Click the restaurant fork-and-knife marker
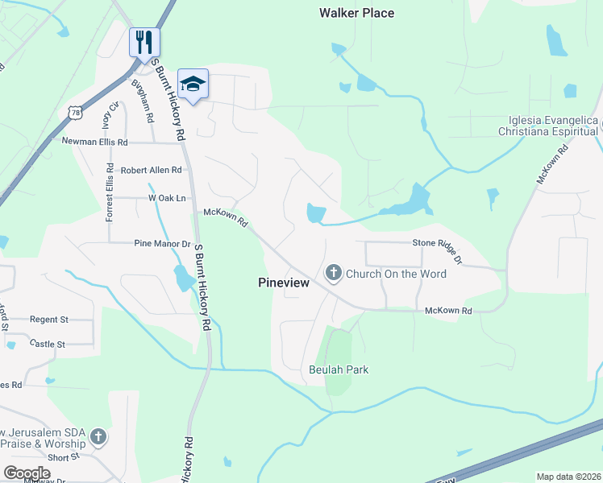[144, 42]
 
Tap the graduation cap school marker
[193, 84]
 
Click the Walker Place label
[356, 13]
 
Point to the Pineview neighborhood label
[285, 283]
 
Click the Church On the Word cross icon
[333, 274]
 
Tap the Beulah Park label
[339, 370]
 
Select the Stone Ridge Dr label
[437, 249]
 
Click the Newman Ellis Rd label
[95, 142]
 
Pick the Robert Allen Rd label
[152, 171]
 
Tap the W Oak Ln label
[166, 198]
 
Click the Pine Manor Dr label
[162, 243]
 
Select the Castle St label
[48, 344]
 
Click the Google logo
[27, 473]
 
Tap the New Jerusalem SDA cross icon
[98, 437]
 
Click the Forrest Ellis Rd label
[110, 192]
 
